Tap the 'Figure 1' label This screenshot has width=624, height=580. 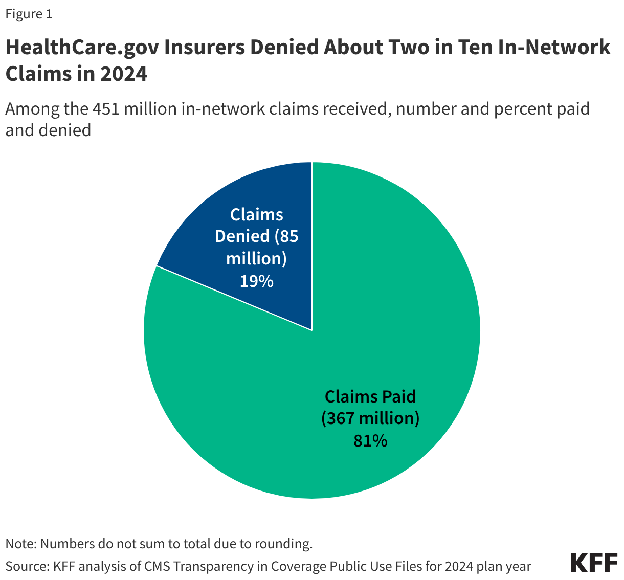click(29, 14)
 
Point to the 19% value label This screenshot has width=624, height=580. click(257, 281)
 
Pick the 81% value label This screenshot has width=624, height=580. click(370, 440)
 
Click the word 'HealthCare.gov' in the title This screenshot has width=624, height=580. click(81, 48)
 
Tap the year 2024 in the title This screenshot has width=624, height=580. click(123, 74)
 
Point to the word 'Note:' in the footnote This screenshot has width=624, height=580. click(21, 543)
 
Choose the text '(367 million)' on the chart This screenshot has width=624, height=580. click(370, 418)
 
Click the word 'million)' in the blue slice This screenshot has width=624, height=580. click(256, 258)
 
